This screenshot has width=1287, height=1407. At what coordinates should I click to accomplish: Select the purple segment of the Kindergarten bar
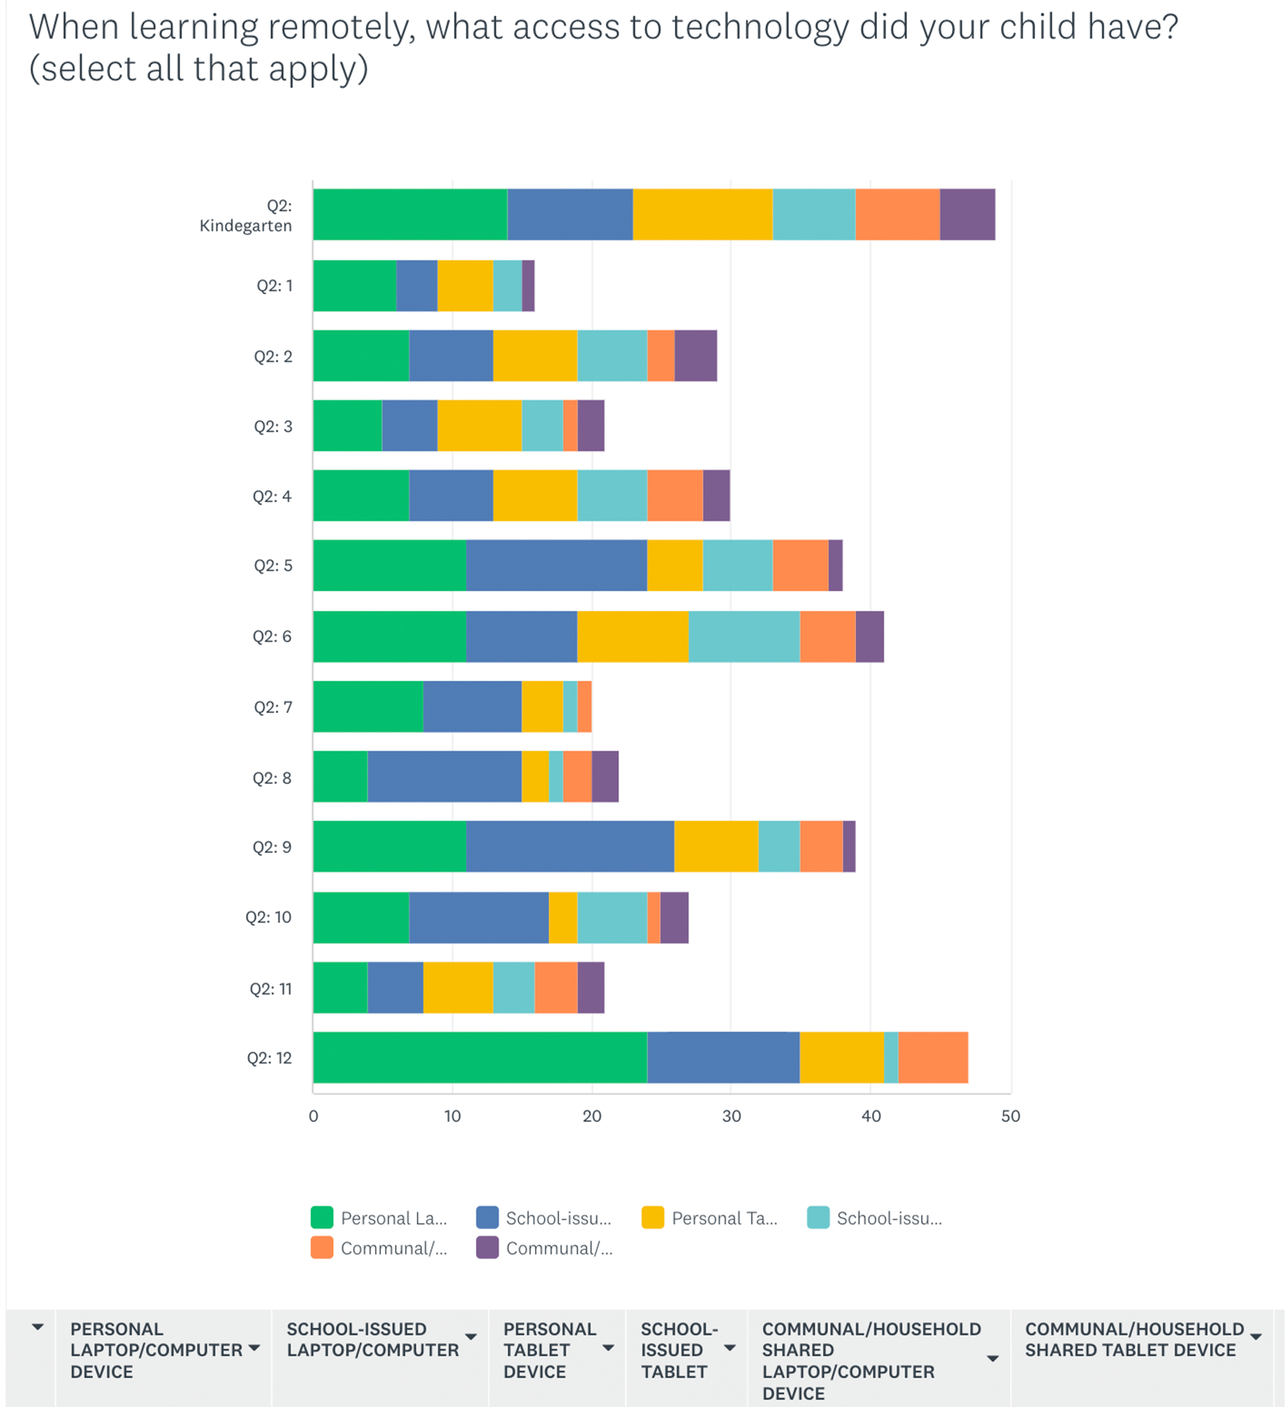(968, 214)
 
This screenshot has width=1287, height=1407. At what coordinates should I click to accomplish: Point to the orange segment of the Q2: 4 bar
(675, 495)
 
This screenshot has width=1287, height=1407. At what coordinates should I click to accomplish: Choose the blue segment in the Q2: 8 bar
(444, 776)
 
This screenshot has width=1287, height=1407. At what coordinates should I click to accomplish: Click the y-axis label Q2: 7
(272, 707)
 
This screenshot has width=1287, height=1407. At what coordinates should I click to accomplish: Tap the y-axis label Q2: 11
(271, 988)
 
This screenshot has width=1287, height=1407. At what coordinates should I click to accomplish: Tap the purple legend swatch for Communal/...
(487, 1248)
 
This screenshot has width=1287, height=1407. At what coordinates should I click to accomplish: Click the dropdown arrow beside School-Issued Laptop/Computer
(471, 1337)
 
